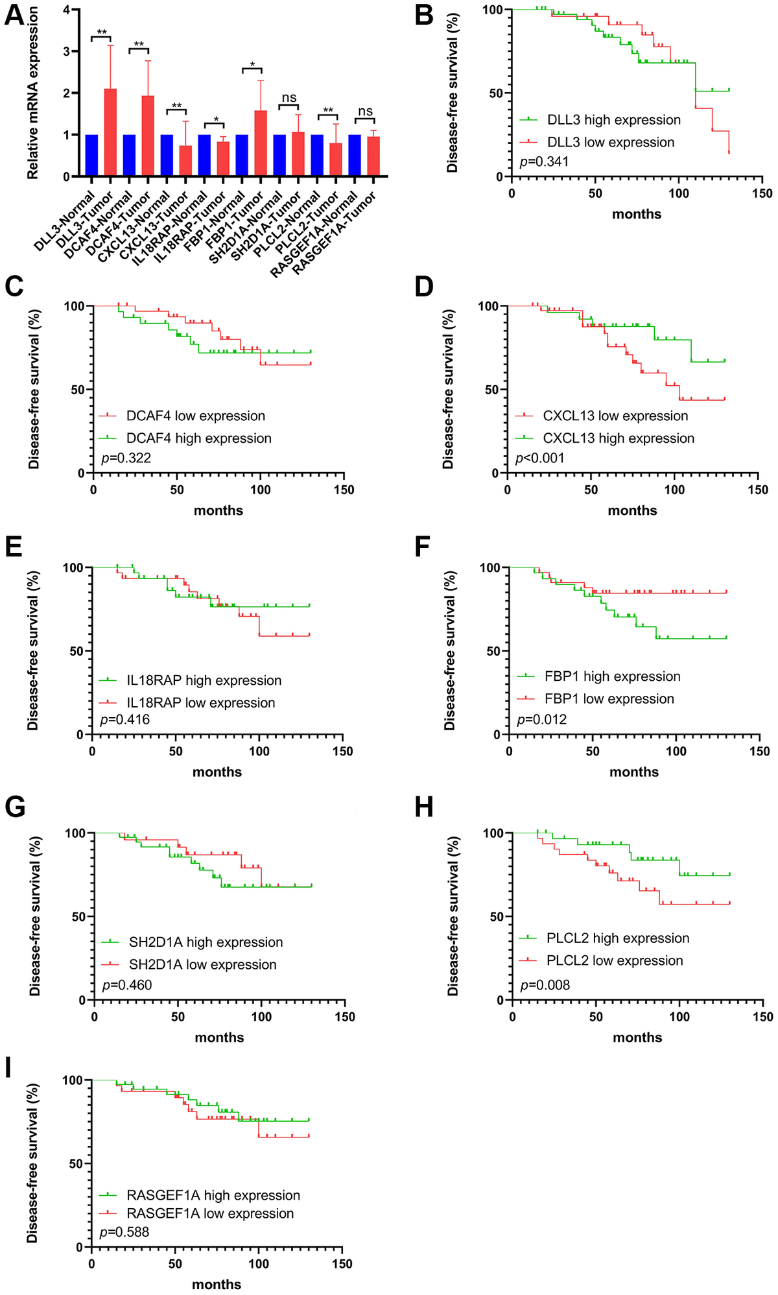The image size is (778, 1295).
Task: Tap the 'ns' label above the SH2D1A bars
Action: click(289, 98)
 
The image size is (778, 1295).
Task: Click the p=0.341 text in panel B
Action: click(544, 161)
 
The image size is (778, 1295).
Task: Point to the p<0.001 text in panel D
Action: click(539, 458)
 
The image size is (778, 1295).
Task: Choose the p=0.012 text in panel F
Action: click(541, 719)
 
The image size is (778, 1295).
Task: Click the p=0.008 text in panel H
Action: click(545, 985)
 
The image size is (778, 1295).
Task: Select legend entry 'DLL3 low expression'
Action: click(610, 142)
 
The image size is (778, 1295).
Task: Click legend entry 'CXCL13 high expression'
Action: click(618, 438)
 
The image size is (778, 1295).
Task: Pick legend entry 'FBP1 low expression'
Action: click(609, 698)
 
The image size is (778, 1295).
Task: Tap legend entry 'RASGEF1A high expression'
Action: click(213, 1195)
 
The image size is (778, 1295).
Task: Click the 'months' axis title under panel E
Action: click(217, 772)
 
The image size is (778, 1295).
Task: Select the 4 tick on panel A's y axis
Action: click(66, 10)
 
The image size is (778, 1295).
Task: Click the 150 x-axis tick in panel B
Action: click(762, 193)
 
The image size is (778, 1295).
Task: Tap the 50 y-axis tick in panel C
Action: click(77, 390)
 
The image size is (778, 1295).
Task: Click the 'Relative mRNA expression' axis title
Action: click(33, 94)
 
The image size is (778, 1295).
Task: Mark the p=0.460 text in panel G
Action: click(127, 985)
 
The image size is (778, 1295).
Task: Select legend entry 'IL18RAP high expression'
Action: click(204, 680)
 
